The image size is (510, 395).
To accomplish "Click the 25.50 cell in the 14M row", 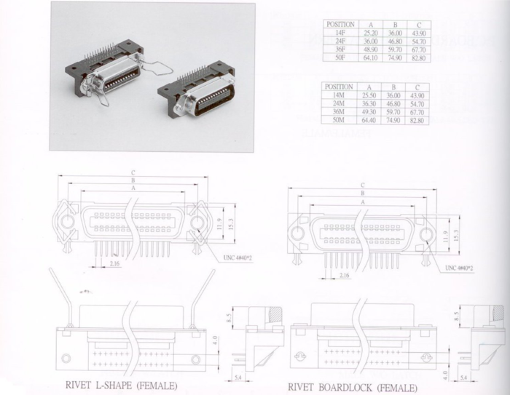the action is point(369,95).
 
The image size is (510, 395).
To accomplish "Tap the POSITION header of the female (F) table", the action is point(339,25).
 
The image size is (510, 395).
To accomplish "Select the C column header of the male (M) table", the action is point(417,87).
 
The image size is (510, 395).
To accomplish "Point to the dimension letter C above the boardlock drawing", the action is point(361,185).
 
